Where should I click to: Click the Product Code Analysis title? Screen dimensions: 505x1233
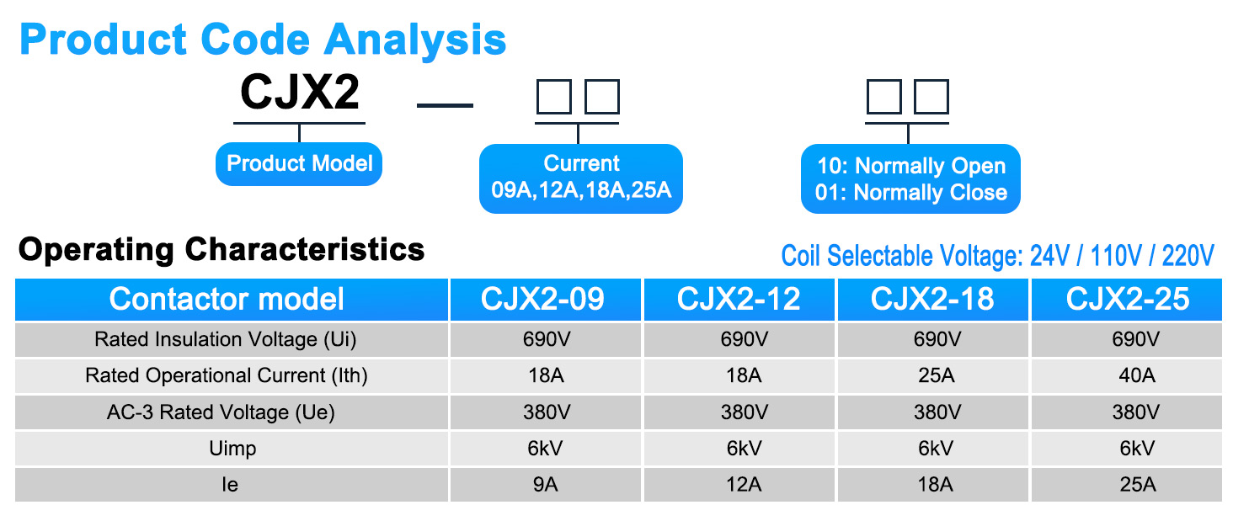[x=263, y=39]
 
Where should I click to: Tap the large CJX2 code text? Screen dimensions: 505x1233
[x=300, y=93]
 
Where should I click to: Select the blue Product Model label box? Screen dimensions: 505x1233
[x=299, y=163]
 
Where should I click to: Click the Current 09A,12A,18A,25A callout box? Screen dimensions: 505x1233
[x=581, y=177]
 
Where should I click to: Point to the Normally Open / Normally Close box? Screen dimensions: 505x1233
[x=910, y=179]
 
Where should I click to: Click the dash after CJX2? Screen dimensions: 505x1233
[x=446, y=105]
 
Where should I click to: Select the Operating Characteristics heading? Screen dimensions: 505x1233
[x=222, y=250]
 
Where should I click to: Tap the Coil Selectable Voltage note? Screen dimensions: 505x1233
[x=997, y=256]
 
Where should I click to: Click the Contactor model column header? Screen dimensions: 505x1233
[x=227, y=300]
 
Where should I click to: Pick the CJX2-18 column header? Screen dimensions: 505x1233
[x=932, y=300]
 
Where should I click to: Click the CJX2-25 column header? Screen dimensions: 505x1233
[x=1128, y=300]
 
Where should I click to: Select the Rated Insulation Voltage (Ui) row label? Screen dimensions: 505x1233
[x=226, y=340]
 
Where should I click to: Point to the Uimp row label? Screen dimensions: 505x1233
[x=232, y=449]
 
